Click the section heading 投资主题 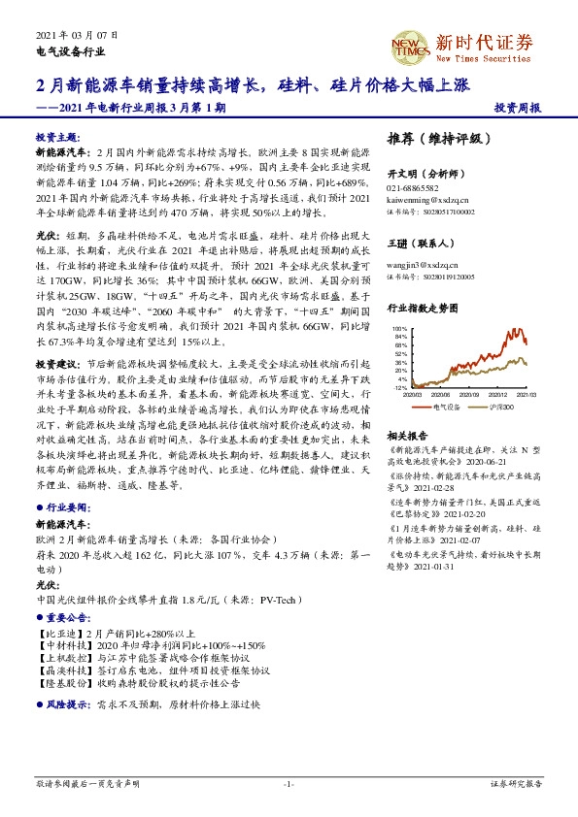pos(59,138)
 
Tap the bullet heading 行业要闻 pos(63,507)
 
